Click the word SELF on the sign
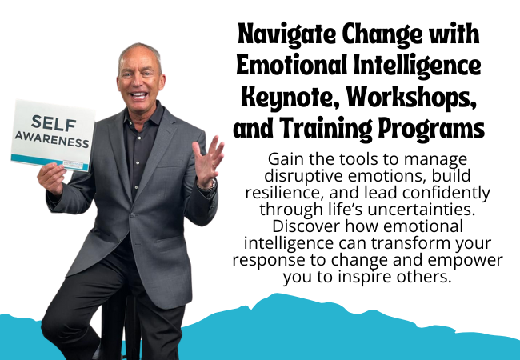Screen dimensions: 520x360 54,122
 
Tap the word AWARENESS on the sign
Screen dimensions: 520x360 52,139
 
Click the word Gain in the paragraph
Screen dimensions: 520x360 286,159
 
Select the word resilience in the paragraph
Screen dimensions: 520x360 283,193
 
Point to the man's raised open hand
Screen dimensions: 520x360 207,160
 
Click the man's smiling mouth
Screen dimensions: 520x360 138,96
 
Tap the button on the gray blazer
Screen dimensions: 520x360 132,215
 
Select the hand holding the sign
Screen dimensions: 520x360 51,179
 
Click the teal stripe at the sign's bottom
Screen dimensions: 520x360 50,162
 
